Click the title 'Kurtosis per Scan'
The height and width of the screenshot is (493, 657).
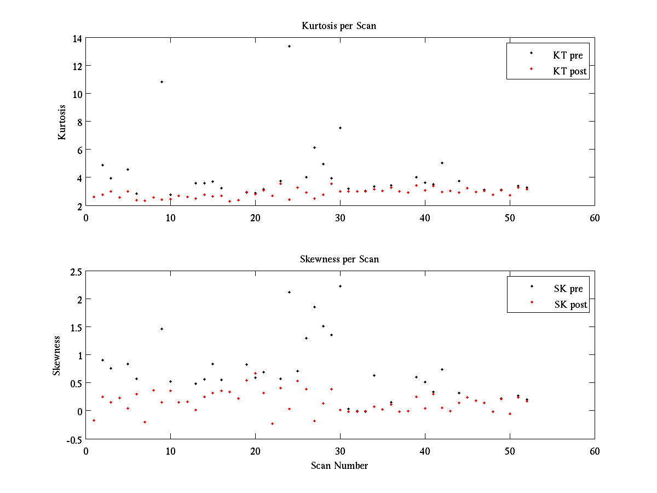tap(339, 26)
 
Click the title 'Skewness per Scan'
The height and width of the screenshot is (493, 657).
tap(339, 259)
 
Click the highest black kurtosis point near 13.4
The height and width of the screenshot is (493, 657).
tap(289, 46)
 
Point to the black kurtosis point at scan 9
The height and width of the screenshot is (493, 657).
tap(162, 82)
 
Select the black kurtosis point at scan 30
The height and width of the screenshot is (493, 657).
tap(340, 128)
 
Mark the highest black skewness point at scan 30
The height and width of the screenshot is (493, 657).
tap(340, 286)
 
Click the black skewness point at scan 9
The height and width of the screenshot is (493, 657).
tap(162, 329)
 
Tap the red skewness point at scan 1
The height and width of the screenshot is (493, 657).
tap(94, 420)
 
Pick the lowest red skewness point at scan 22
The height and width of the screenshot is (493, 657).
tap(272, 423)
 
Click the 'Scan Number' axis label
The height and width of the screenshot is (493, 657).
tap(339, 466)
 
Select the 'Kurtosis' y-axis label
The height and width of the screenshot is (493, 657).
tap(62, 122)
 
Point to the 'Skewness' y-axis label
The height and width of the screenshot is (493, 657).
tap(56, 356)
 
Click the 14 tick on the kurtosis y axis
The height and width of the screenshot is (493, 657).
tap(76, 38)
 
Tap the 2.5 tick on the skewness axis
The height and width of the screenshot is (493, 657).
tap(76, 272)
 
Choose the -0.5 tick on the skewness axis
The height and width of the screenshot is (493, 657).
tap(74, 439)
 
